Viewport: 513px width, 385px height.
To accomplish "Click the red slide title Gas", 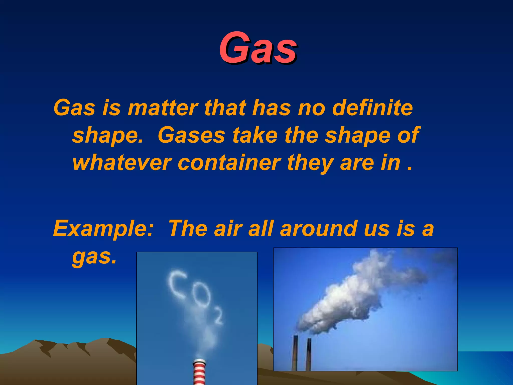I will (258, 48).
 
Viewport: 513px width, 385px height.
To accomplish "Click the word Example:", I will (103, 229).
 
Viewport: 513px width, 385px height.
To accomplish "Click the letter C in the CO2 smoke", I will (177, 284).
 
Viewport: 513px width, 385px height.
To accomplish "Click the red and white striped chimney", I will (199, 372).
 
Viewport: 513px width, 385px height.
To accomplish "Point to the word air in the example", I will (228, 229).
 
